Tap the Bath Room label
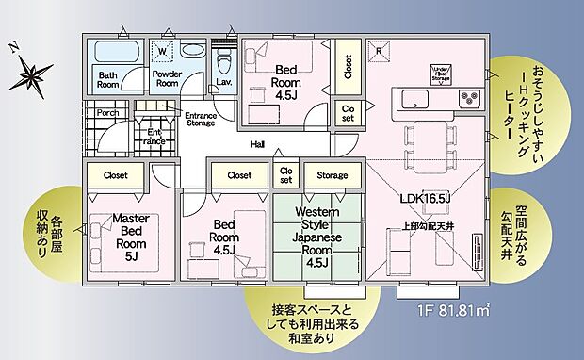(108, 79)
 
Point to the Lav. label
(224, 83)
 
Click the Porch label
(105, 111)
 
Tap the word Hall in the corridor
(257, 145)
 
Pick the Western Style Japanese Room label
(310, 236)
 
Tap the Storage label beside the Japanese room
(332, 175)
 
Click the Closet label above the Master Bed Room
(116, 174)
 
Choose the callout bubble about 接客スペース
(316, 317)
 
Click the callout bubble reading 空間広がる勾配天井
(531, 226)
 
